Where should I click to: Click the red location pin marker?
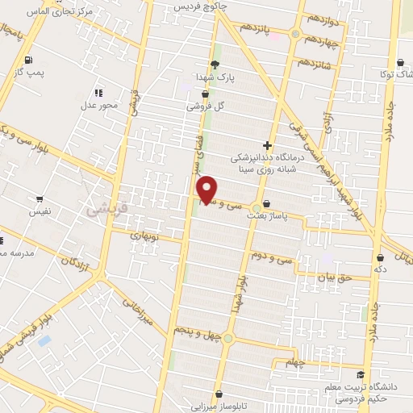[x=208, y=189]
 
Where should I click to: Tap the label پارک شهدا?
[x=215, y=77]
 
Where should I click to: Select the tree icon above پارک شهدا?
[x=215, y=65]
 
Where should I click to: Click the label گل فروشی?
[x=203, y=106]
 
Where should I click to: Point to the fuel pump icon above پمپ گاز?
[x=29, y=60]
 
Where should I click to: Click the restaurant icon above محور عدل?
[x=99, y=93]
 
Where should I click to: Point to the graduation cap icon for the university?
[x=360, y=374]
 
